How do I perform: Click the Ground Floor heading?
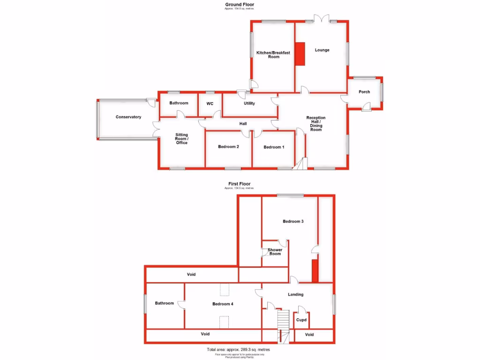tap(240, 5)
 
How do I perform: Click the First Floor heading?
tap(240, 184)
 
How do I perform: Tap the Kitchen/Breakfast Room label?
tap(273, 55)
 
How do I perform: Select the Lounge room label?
tap(322, 50)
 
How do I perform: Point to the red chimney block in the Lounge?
tap(300, 54)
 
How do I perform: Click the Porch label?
tap(364, 92)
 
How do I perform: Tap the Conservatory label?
tap(128, 117)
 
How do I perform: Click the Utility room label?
tap(249, 103)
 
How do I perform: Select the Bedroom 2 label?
tap(229, 147)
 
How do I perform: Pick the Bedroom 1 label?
tap(274, 147)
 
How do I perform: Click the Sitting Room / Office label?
tap(181, 139)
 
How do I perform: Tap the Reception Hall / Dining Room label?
tap(316, 124)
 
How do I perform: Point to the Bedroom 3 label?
tap(293, 221)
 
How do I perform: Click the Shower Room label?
tap(275, 252)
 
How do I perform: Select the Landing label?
tap(296, 294)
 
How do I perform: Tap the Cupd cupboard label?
tap(301, 320)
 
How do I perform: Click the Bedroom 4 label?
tap(223, 304)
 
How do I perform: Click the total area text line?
tap(239, 350)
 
